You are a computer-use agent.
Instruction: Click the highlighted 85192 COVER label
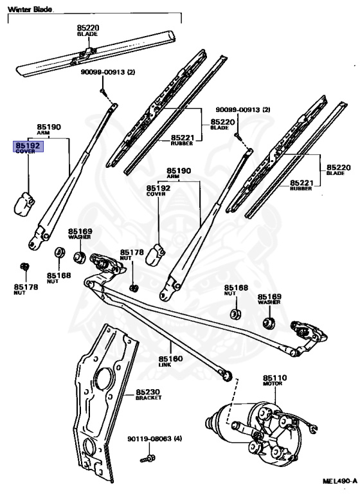pos(28,147)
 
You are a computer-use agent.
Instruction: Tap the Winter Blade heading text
pos(30,10)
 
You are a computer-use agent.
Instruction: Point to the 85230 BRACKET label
pos(148,394)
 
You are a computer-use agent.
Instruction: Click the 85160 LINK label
pos(170,361)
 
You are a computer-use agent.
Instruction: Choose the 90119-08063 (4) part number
pos(155,439)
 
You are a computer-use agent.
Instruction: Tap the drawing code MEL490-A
pos(340,481)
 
